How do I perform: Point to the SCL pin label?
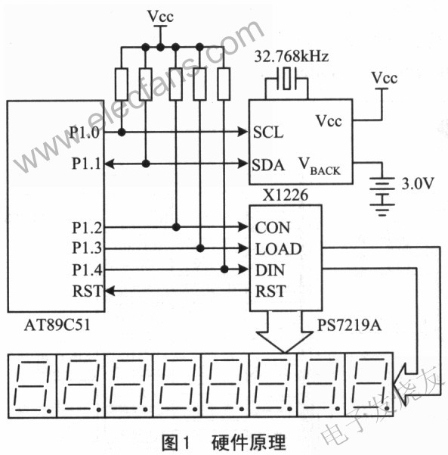268,133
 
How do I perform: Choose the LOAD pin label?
278,249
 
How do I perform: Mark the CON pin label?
272,228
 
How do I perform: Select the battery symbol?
385,189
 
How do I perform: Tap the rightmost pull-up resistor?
224,83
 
